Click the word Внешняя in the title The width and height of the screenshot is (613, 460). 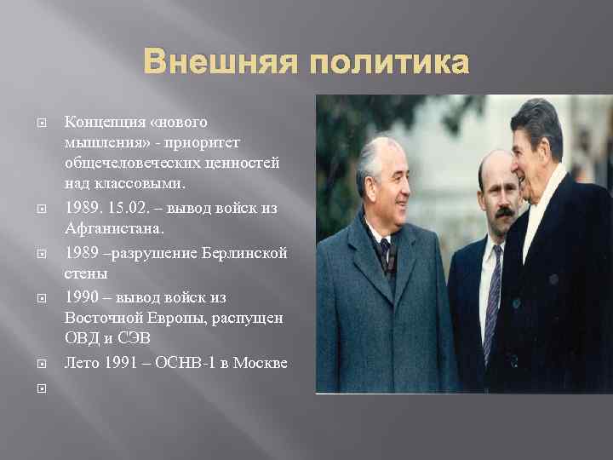coord(216,62)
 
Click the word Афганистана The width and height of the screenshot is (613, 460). coord(112,228)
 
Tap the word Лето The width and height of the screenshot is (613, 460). coord(82,364)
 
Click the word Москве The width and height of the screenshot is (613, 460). coord(261,364)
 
